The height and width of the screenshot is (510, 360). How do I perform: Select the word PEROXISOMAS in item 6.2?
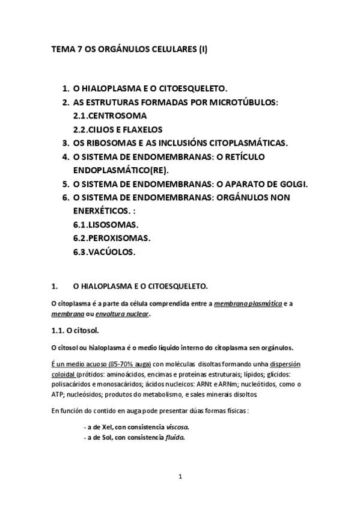pyautogui.click(x=119, y=238)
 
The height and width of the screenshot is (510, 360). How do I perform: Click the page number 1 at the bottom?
pyautogui.click(x=180, y=477)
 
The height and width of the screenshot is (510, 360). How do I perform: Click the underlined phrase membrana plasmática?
pyautogui.click(x=248, y=304)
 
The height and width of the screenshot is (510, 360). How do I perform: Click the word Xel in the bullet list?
pyautogui.click(x=108, y=426)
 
